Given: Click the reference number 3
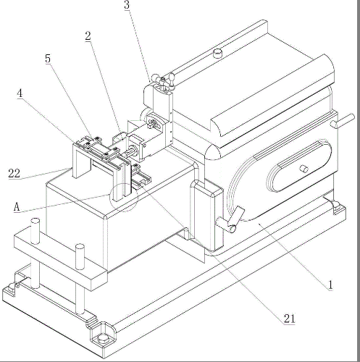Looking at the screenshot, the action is pyautogui.click(x=127, y=5).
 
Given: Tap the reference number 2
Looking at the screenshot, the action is pyautogui.click(x=88, y=36).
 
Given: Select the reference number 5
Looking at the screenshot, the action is pyautogui.click(x=48, y=59).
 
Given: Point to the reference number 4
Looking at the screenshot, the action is pyautogui.click(x=20, y=93).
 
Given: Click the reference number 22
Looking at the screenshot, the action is pyautogui.click(x=14, y=173).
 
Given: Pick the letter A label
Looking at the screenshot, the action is pyautogui.click(x=17, y=207).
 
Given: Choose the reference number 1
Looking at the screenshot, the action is pyautogui.click(x=330, y=285).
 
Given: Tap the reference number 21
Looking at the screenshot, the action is pyautogui.click(x=289, y=319).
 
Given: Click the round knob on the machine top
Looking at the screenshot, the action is pyautogui.click(x=218, y=53).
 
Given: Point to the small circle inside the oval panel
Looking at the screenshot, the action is pyautogui.click(x=304, y=169).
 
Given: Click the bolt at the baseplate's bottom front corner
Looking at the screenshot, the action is pyautogui.click(x=103, y=337).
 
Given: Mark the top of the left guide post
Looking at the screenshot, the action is pyautogui.click(x=35, y=221).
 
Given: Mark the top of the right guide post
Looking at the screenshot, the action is pyautogui.click(x=80, y=247).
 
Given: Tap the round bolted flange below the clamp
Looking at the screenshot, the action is pyautogui.click(x=153, y=123).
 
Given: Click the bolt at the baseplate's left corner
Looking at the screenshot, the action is pyautogui.click(x=12, y=288).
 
